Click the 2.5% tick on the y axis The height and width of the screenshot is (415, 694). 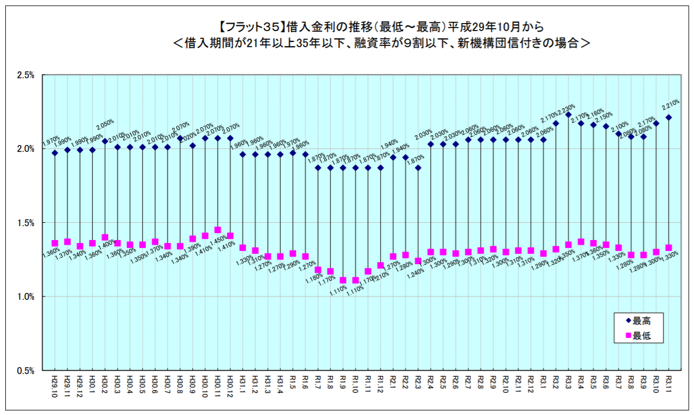click(x=26, y=75)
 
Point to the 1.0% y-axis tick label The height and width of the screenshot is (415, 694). click(x=26, y=297)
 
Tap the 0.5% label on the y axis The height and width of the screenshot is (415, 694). click(x=26, y=371)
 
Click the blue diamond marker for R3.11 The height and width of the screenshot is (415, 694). click(x=669, y=117)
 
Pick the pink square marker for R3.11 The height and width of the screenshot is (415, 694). click(x=669, y=248)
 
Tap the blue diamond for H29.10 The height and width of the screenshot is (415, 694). click(x=55, y=153)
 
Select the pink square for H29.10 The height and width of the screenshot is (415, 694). click(x=55, y=243)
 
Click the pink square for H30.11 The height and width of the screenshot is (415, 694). click(x=218, y=230)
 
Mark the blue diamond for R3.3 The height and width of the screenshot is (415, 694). click(x=568, y=115)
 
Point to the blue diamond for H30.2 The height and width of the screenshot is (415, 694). click(x=105, y=141)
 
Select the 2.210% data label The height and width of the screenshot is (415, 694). click(x=670, y=105)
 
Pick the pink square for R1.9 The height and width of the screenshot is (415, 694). click(x=343, y=280)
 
